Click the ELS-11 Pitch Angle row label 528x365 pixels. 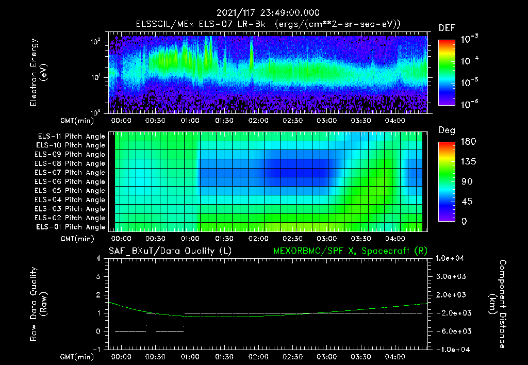[71, 136]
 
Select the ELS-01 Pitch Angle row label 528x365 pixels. [71, 227]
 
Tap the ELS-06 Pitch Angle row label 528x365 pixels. [71, 181]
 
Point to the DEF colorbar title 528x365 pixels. [447, 28]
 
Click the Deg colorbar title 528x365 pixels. [446, 130]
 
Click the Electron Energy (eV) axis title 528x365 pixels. [39, 72]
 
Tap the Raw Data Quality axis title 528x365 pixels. [39, 304]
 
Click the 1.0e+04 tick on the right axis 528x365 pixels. [451, 258]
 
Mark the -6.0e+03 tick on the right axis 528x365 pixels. [451, 331]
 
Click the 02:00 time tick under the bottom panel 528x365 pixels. [258, 357]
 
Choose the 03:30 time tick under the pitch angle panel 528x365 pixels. [360, 239]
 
